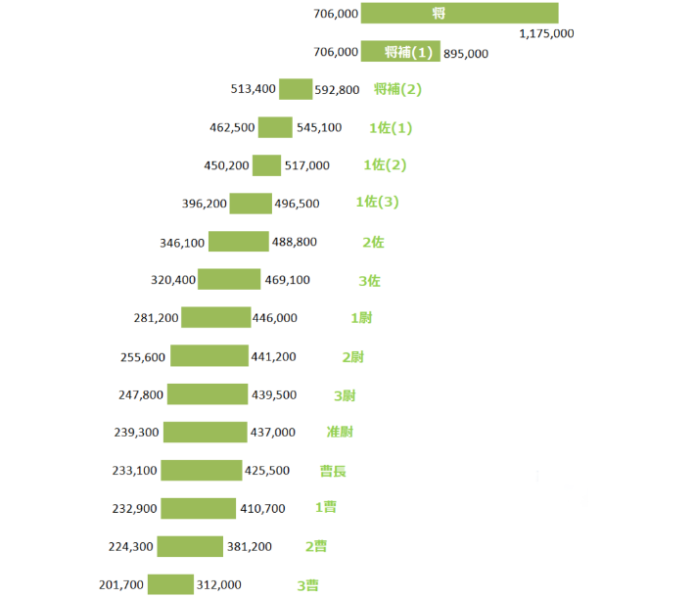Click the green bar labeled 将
(459, 13)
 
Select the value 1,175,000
(546, 33)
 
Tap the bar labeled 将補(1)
(400, 52)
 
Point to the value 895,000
(466, 53)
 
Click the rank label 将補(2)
(397, 89)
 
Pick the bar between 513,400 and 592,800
(296, 89)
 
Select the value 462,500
(232, 127)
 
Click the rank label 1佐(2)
(385, 164)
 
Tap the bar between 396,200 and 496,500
(251, 204)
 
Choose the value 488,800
(294, 242)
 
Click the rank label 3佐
(369, 280)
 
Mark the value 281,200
(157, 318)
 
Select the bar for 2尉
(209, 356)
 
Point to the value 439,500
(274, 394)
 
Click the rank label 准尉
(340, 432)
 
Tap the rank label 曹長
(333, 471)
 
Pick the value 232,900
(135, 509)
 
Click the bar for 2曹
(190, 546)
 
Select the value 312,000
(219, 585)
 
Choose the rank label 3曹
(307, 585)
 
